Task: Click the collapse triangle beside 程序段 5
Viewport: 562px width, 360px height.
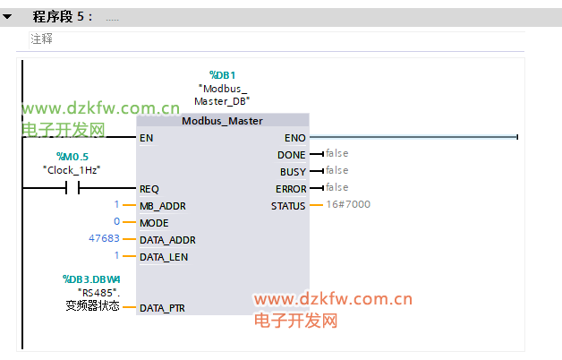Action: pos(7,16)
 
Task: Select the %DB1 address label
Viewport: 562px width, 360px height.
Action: pos(222,75)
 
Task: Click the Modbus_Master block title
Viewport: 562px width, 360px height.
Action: pos(222,121)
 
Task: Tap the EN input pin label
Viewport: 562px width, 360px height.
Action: pos(146,138)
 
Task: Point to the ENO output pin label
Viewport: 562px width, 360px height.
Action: pos(295,138)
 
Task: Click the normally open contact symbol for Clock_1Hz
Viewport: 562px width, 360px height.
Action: pos(72,187)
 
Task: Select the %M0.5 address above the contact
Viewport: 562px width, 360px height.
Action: pos(72,157)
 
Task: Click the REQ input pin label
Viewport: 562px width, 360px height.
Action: pos(149,189)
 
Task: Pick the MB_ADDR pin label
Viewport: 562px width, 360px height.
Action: pos(163,206)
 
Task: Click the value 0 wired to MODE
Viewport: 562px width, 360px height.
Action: pos(117,221)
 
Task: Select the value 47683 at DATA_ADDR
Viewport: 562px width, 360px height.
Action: pos(104,238)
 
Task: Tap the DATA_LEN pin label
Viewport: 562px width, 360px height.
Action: pos(164,257)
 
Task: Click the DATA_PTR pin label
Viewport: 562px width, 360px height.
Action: pos(162,308)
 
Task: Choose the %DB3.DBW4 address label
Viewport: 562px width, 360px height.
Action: pos(91,279)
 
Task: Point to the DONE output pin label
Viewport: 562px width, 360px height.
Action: pos(292,155)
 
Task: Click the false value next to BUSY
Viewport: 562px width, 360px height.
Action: pos(336,170)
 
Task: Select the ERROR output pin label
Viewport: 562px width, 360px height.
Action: pos(291,189)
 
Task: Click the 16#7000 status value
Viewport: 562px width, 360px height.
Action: pos(348,204)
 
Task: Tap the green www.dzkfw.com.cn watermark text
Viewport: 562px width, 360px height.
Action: pos(101,108)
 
